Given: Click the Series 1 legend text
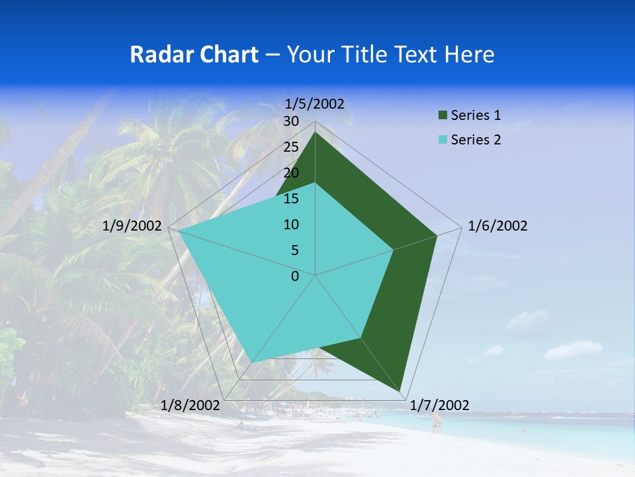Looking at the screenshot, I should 476,115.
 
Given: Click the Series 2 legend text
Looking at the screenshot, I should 476,140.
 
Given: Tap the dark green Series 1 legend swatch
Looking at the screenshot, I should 442,116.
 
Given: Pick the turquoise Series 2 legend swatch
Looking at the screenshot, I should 442,140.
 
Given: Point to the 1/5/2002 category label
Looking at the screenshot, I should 315,103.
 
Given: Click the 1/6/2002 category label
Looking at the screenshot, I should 497,226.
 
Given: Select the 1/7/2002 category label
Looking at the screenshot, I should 439,405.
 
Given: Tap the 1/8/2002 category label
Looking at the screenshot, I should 190,405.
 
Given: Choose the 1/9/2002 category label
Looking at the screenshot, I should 132,226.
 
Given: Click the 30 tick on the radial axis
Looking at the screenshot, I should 291,121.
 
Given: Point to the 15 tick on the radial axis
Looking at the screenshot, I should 291,199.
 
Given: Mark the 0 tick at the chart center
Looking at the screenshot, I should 295,276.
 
